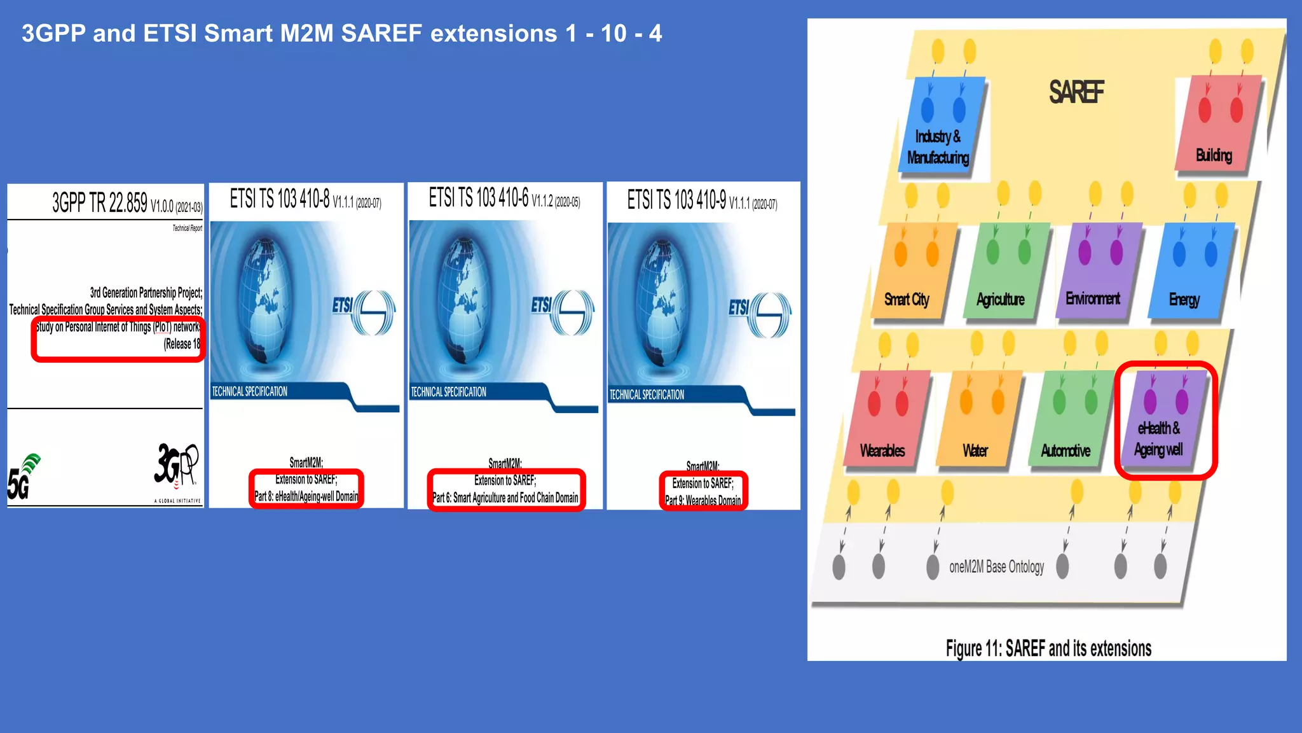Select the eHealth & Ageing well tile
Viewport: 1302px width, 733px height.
tap(1163, 420)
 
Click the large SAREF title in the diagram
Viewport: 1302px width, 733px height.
tap(1076, 92)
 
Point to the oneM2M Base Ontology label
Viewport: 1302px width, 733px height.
tap(996, 567)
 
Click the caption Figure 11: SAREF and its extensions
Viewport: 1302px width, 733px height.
tap(1048, 648)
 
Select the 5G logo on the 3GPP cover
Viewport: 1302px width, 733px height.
tap(23, 477)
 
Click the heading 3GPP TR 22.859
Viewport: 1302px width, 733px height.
tap(100, 203)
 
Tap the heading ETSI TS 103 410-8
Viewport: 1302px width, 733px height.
tap(280, 199)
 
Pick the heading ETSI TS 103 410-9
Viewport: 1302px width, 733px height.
tap(676, 200)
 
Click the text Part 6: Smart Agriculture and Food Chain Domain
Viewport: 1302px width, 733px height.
tap(505, 498)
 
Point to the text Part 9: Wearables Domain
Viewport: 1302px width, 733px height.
tap(702, 501)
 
